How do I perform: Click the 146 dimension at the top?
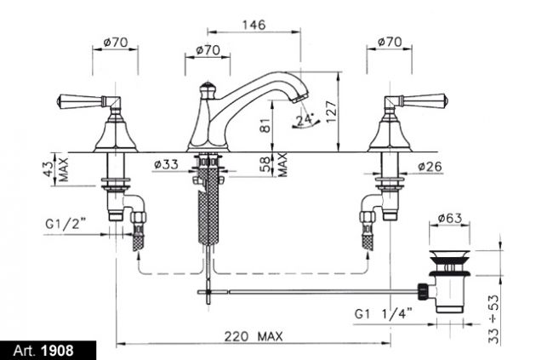(254, 25)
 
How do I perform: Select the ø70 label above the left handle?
(116, 43)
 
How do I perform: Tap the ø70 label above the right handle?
(390, 42)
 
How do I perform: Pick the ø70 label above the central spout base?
(208, 50)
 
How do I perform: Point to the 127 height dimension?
(332, 111)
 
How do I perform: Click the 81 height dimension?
(265, 124)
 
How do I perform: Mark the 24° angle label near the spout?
(305, 120)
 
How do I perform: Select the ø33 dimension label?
(166, 164)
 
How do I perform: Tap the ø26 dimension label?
(430, 166)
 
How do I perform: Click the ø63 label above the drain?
(449, 218)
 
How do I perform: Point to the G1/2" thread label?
(66, 224)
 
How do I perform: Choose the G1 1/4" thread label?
(383, 313)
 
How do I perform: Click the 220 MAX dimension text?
(254, 336)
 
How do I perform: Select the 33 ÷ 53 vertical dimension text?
(494, 319)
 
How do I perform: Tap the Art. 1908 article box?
(48, 351)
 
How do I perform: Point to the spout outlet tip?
(300, 97)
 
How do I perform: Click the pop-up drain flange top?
(449, 254)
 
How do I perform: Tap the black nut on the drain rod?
(423, 292)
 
